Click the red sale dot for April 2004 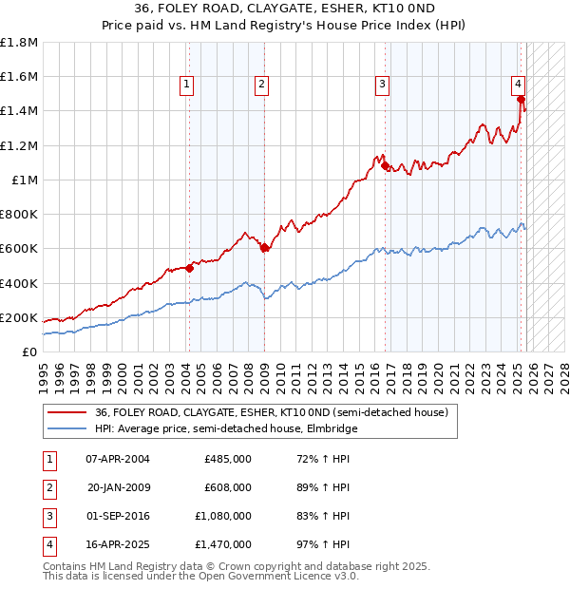[189, 268]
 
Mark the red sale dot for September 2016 [385, 166]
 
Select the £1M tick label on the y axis [25, 180]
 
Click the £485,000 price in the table [228, 459]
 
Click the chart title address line [284, 13]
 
